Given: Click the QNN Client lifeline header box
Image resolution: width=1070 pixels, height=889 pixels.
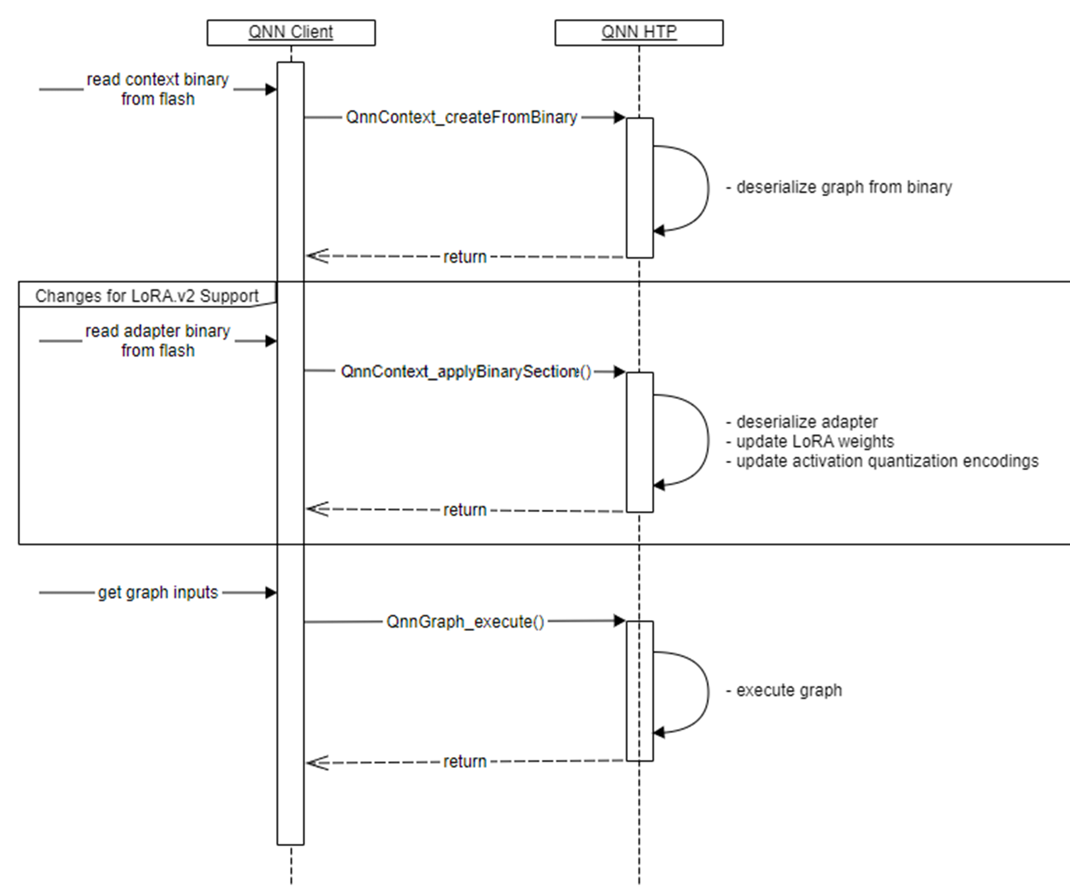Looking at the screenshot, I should click(x=291, y=33).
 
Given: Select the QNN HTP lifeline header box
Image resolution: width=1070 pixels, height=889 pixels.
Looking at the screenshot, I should click(x=638, y=33).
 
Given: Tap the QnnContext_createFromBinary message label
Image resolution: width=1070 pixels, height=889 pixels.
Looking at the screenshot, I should click(x=461, y=117).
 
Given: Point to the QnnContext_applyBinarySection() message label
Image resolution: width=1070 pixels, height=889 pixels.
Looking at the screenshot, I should click(x=465, y=372).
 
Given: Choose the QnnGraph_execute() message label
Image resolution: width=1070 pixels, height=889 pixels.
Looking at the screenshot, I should click(x=465, y=622).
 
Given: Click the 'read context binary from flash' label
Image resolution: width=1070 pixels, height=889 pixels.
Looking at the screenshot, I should click(x=158, y=89).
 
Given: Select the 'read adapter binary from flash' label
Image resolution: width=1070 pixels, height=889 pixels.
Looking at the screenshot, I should click(x=158, y=341).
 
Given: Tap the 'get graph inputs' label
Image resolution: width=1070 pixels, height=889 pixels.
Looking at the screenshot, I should click(x=158, y=592).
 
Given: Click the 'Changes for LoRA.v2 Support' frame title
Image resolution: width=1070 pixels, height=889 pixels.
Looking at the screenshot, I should click(x=147, y=296).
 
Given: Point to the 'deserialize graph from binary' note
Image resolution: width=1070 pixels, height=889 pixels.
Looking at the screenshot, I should click(x=844, y=188).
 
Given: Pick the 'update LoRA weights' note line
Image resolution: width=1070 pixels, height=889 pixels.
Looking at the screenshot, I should click(x=815, y=441).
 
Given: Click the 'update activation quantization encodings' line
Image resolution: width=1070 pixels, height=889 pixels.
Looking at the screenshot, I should click(x=887, y=461).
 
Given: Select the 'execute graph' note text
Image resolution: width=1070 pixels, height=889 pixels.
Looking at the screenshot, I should click(x=789, y=690).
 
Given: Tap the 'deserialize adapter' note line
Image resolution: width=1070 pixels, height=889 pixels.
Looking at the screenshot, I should click(x=806, y=422).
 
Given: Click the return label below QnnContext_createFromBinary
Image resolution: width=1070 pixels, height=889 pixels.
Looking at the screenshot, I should click(x=464, y=257).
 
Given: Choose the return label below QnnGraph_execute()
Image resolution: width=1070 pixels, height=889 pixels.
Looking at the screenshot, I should click(x=464, y=762).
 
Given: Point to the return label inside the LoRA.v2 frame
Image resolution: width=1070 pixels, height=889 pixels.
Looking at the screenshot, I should click(x=464, y=510).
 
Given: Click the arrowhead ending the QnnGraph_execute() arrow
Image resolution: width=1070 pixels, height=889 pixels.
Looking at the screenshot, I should click(x=619, y=621).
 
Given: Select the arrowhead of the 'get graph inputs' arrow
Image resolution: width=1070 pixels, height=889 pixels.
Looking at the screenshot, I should click(x=271, y=592).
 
